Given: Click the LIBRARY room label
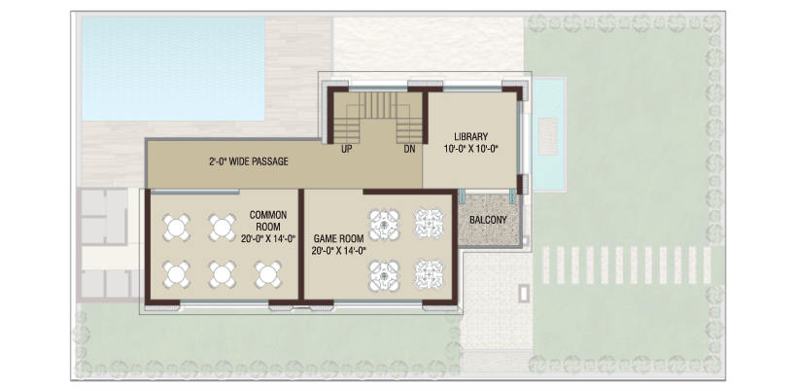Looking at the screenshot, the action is (x=471, y=136).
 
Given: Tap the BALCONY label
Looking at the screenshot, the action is (x=488, y=220).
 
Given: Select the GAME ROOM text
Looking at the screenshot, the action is (x=338, y=238).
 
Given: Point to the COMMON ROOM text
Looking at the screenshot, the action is (x=268, y=221).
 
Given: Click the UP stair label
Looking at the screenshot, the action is (x=347, y=149).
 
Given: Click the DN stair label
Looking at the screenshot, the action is (x=410, y=149).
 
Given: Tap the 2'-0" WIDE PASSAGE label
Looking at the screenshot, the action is (x=249, y=161).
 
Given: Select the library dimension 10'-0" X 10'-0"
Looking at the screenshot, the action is (x=471, y=149).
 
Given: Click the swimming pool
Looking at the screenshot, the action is (x=173, y=69).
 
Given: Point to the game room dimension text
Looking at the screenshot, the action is (x=338, y=250).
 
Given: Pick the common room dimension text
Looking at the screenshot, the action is (x=268, y=239).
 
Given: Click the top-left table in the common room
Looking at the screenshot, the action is (x=176, y=228).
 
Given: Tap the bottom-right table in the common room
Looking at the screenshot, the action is (x=267, y=274).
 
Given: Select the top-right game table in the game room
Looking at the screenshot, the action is (x=430, y=223).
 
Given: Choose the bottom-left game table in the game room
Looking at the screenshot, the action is (x=384, y=275).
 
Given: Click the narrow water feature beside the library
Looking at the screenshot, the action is (x=548, y=134).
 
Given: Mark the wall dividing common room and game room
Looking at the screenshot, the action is (x=301, y=245).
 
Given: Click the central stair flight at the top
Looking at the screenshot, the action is (x=378, y=105).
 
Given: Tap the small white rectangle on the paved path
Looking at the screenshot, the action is (x=523, y=293).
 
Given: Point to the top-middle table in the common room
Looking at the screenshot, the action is (x=222, y=228).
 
